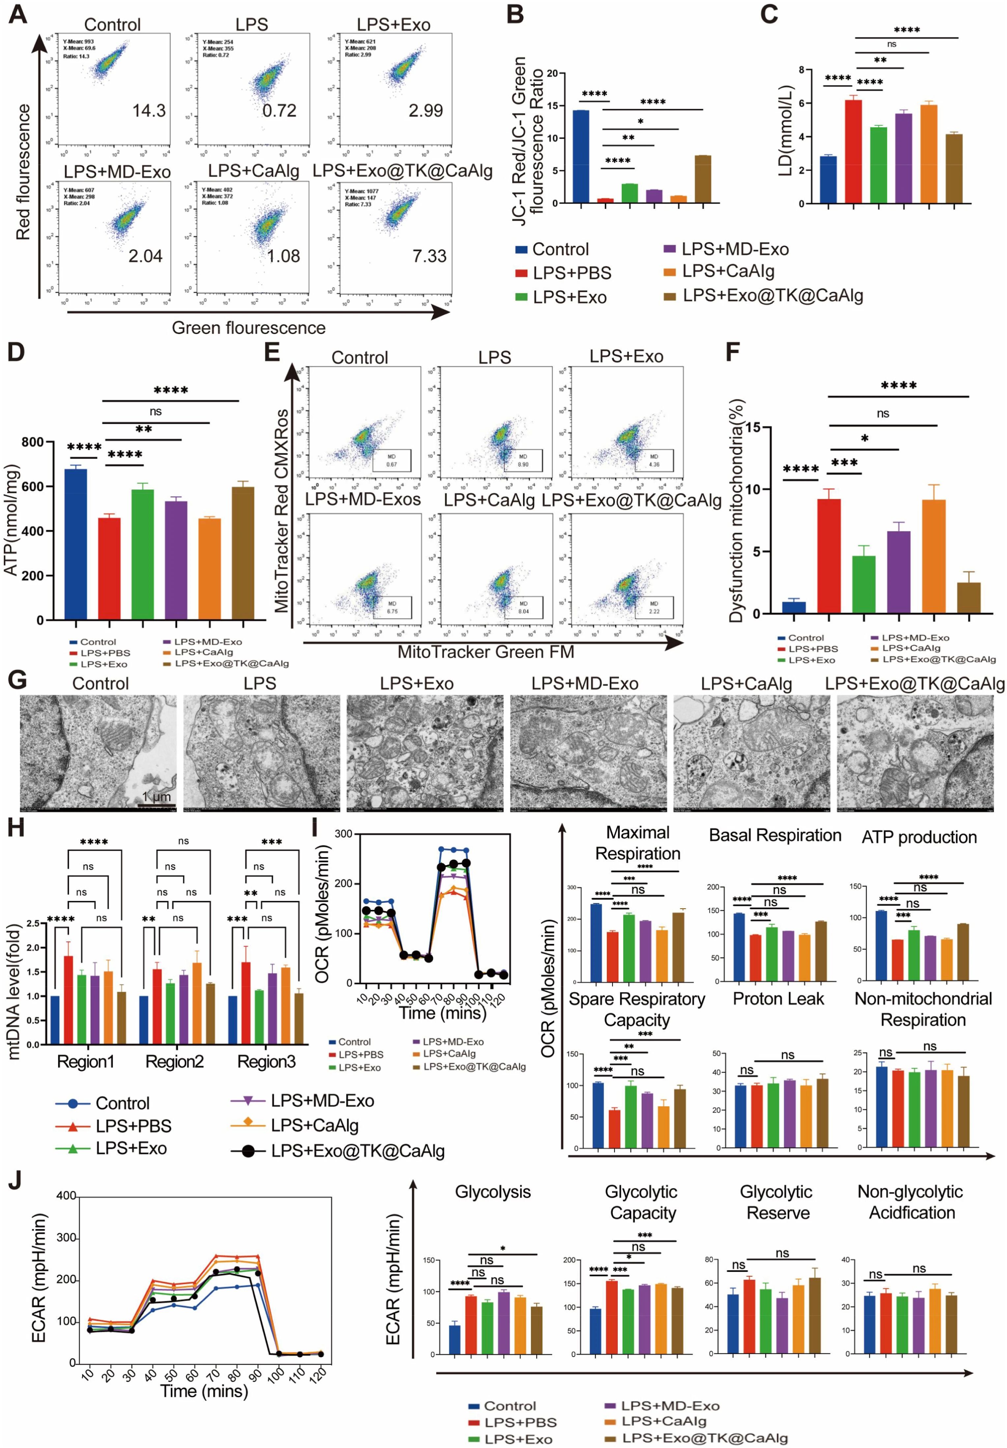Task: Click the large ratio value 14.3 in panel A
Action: tap(149, 111)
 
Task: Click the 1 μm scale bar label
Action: tap(156, 797)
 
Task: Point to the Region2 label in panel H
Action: tap(174, 1062)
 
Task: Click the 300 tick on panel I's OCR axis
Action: tap(343, 834)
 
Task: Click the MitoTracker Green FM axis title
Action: tap(486, 651)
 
